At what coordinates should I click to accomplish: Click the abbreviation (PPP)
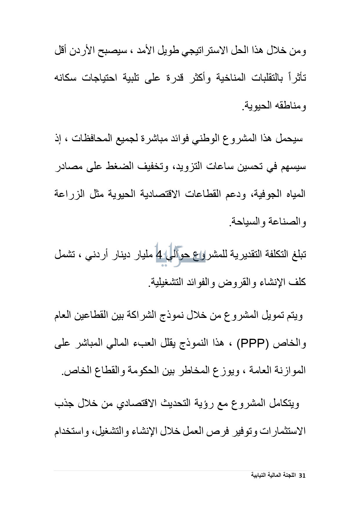(252, 344)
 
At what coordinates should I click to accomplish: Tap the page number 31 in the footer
(302, 476)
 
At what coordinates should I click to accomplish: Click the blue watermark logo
(180, 254)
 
